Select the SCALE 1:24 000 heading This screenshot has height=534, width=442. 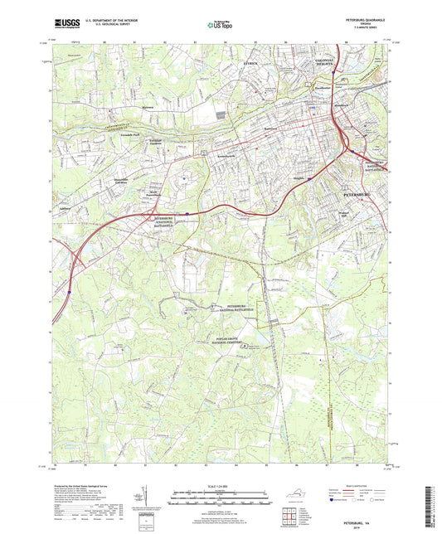coord(221,484)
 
